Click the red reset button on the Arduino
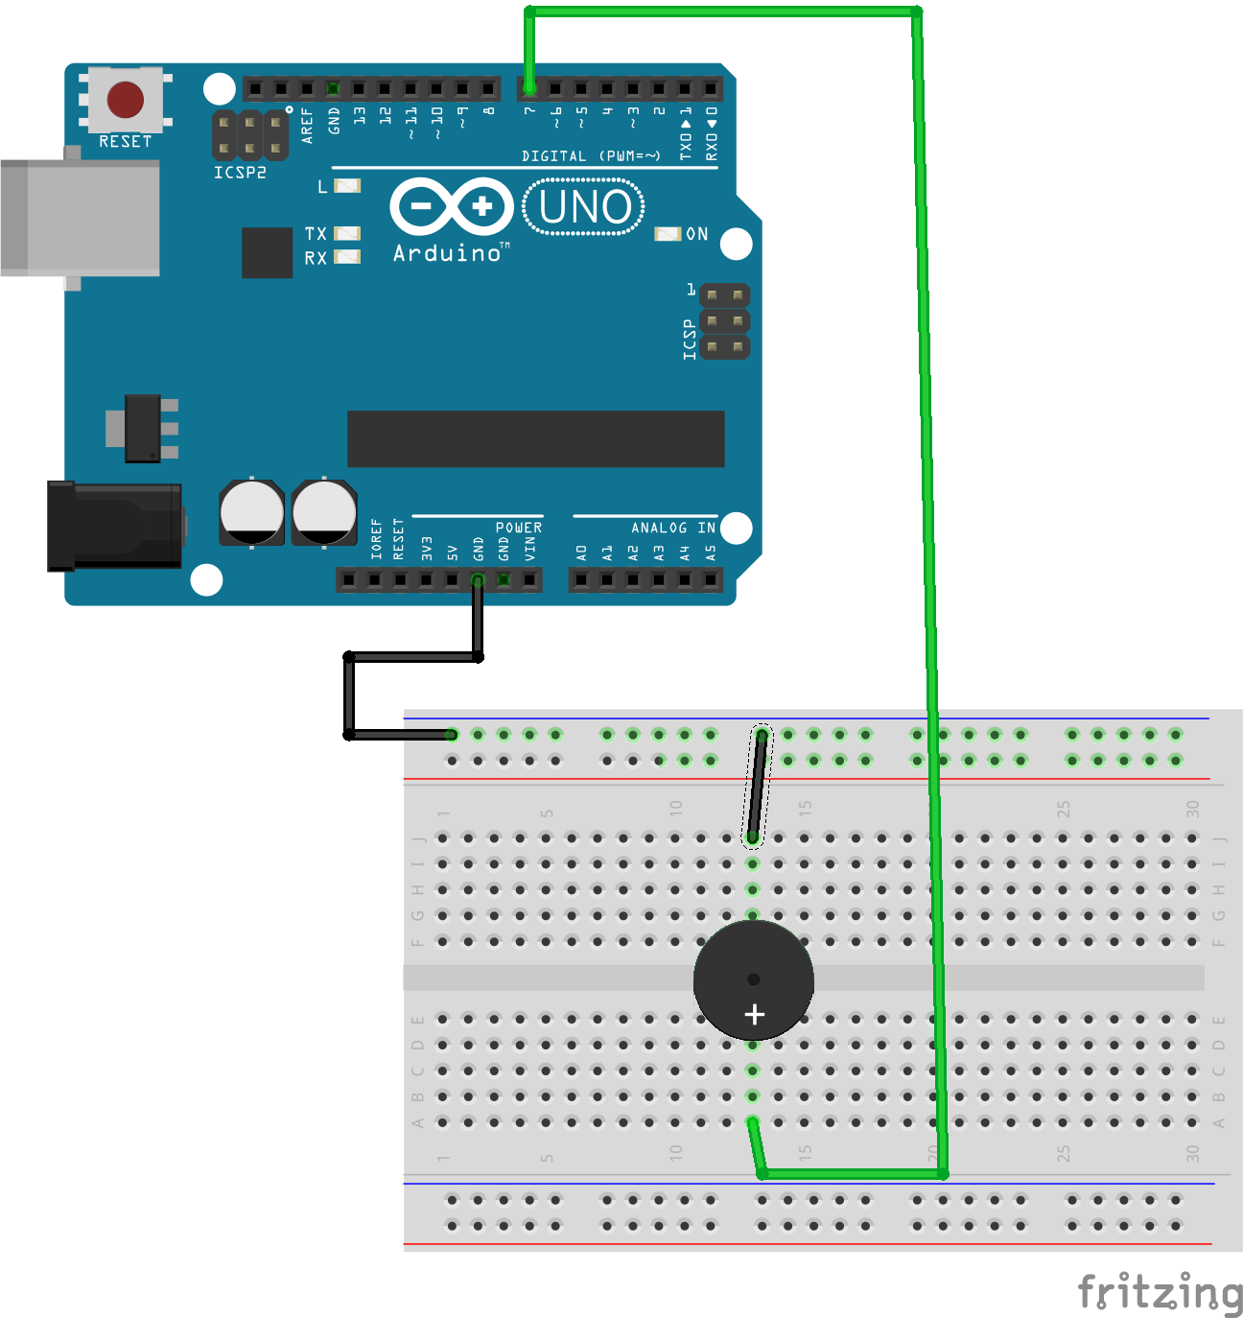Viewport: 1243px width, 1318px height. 126,99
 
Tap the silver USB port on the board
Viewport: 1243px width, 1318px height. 81,219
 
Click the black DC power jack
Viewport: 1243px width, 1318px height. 115,527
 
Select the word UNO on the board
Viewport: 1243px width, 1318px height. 584,207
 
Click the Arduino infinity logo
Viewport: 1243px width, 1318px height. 451,206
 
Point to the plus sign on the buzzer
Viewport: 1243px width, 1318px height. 755,1014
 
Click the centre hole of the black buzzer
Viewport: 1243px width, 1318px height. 753,979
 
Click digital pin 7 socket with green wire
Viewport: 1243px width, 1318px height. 529,89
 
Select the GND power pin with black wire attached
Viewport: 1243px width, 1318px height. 478,580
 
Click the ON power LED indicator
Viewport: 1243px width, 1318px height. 668,234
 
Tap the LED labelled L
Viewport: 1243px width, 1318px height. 346,186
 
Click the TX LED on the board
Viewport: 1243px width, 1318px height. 346,233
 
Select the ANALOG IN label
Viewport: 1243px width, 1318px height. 672,528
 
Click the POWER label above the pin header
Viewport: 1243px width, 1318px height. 518,528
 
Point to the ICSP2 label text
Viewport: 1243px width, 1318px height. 240,173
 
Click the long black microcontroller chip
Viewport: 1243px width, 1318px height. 535,439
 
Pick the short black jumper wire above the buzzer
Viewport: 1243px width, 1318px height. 758,787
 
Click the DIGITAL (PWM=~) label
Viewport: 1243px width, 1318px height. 591,156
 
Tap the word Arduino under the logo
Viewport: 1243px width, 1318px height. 448,253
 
